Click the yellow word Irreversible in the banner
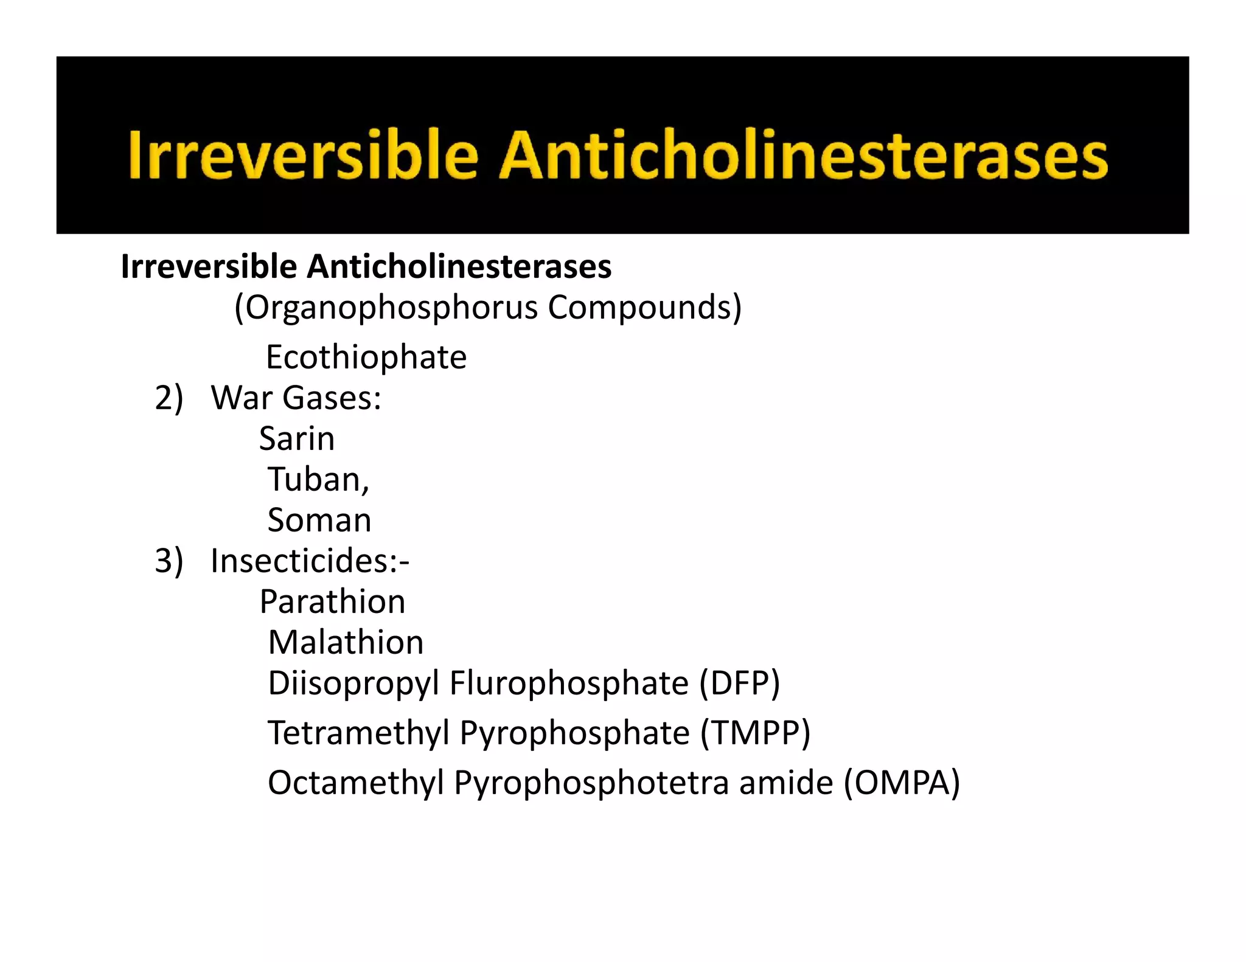[302, 156]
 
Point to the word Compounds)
[644, 308]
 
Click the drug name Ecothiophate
[366, 357]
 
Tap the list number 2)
[169, 398]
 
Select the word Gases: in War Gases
[332, 398]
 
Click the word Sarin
[297, 439]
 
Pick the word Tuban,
[319, 480]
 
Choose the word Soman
[319, 521]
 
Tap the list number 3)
[169, 561]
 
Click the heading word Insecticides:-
[310, 561]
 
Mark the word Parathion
[332, 602]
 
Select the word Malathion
[346, 643]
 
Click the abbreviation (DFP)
[739, 683]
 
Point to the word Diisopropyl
[353, 683]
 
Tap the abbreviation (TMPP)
[755, 733]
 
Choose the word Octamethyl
[356, 783]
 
